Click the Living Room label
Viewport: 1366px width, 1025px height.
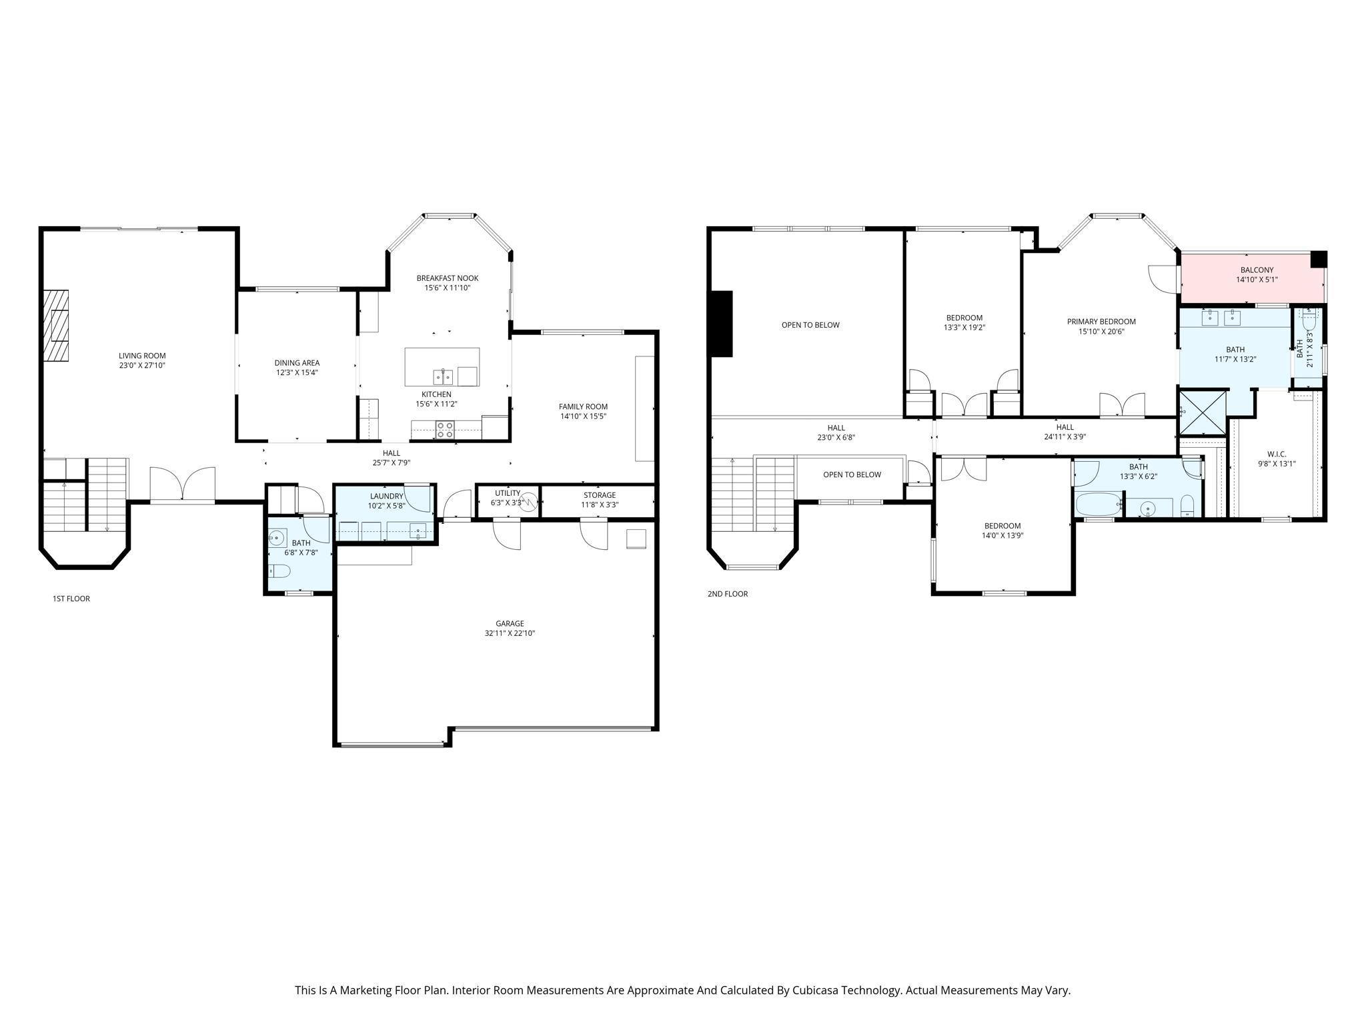click(x=142, y=356)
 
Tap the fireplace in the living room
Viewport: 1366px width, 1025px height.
click(x=56, y=326)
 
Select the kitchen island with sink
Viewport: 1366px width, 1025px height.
click(x=442, y=367)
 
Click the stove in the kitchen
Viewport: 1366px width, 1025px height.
click(x=445, y=430)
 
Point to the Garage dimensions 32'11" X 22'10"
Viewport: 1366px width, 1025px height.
click(x=510, y=633)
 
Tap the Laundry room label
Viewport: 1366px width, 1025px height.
click(x=386, y=496)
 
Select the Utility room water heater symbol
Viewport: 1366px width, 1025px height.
click(x=528, y=501)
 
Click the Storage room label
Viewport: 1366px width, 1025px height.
click(x=599, y=495)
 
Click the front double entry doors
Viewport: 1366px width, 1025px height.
click(x=182, y=485)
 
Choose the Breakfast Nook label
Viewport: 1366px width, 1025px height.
click(x=447, y=278)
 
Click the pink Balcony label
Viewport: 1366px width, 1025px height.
click(x=1257, y=270)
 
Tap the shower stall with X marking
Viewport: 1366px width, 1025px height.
click(x=1203, y=413)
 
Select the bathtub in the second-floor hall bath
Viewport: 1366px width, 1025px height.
click(x=1098, y=504)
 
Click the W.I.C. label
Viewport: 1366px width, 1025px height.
click(x=1277, y=454)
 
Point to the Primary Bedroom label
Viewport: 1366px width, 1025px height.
click(x=1101, y=322)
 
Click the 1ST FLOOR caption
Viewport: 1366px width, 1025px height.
click(x=71, y=599)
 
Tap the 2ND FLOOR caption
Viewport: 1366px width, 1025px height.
click(x=728, y=594)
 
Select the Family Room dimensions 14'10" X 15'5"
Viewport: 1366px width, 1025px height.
click(x=583, y=416)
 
